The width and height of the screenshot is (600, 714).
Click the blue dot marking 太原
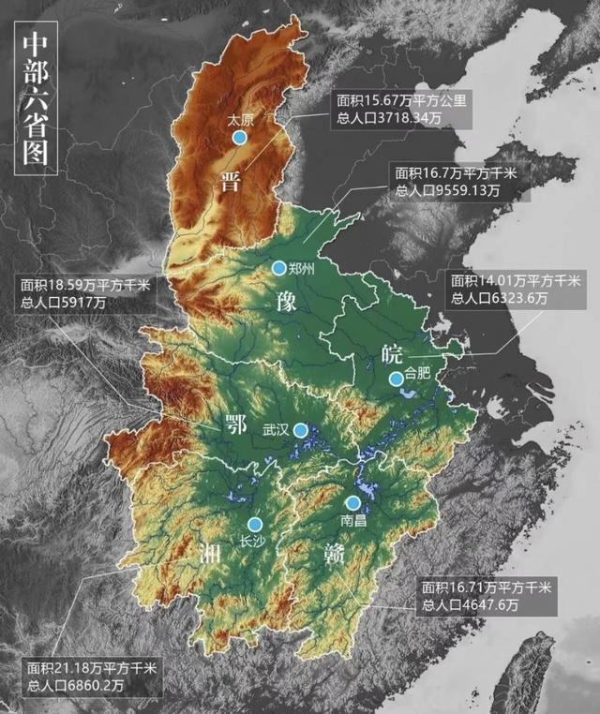(240, 138)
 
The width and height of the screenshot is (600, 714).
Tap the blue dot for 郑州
(278, 268)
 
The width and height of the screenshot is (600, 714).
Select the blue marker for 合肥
(397, 379)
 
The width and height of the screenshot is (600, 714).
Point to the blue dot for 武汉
(300, 430)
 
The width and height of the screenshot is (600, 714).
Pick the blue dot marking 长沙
(255, 525)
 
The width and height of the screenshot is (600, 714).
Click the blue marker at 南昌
(352, 503)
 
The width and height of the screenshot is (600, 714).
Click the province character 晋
(231, 181)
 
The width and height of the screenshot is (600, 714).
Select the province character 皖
(391, 352)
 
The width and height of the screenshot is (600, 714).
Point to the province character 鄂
(235, 426)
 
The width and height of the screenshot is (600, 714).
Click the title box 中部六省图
(37, 102)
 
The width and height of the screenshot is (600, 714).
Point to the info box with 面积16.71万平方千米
(488, 596)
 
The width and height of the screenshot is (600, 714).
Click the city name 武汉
(276, 430)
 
